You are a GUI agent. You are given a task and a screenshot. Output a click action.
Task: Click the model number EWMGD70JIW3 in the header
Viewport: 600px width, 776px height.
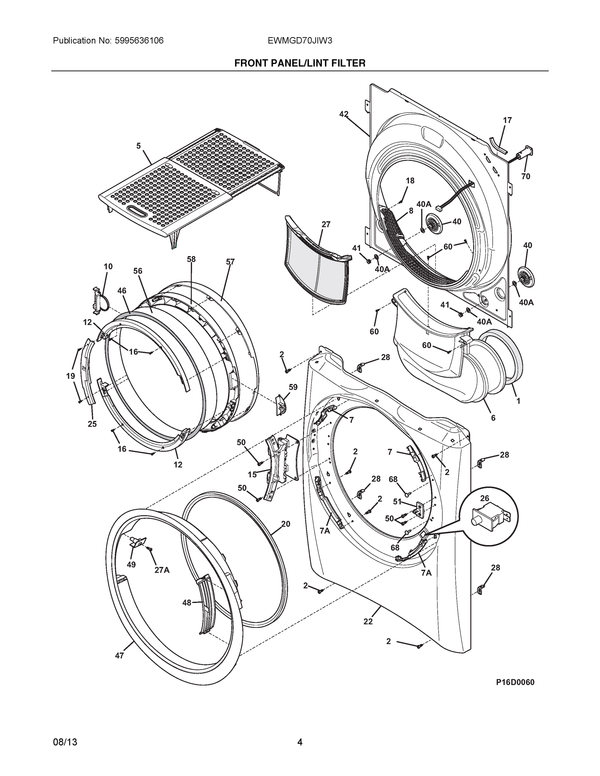tap(300, 41)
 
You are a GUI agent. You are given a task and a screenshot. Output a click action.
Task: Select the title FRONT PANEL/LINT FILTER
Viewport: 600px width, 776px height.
tap(300, 63)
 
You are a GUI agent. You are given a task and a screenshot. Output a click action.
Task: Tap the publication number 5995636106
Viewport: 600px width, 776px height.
tap(139, 41)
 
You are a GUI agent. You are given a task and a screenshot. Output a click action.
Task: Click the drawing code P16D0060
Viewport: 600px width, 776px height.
tap(515, 682)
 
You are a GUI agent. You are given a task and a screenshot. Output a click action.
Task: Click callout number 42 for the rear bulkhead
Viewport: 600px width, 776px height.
tap(344, 114)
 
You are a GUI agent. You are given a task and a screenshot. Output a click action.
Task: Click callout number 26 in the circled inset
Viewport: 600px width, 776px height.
tap(485, 498)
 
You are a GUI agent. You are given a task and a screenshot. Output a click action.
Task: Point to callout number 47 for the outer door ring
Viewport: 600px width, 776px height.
tap(119, 655)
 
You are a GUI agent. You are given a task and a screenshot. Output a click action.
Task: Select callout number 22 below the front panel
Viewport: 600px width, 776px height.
tap(368, 621)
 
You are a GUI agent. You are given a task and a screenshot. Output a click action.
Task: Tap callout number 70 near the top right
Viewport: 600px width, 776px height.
tap(526, 176)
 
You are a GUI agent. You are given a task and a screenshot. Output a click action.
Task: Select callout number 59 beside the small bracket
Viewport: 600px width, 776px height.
tap(293, 387)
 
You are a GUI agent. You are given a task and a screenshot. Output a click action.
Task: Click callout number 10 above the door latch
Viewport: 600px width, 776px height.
tap(108, 266)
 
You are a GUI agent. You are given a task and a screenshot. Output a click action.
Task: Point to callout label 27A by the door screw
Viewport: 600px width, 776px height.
tap(162, 570)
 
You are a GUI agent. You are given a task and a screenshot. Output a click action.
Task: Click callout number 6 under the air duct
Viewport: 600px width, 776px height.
tap(493, 418)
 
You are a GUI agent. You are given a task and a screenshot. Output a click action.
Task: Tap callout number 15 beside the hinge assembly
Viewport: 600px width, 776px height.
tap(252, 474)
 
